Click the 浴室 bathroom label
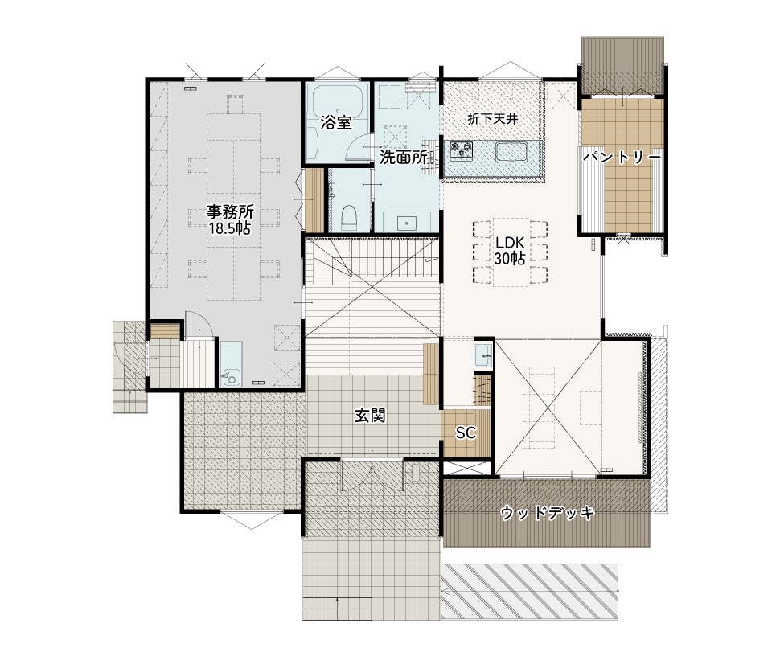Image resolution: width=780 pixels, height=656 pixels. [336, 122]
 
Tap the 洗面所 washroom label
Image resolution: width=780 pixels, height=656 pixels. [404, 157]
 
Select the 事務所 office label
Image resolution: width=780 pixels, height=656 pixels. [230, 212]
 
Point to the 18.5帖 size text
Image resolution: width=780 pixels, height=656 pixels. [229, 229]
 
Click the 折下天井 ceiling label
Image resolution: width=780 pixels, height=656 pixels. [493, 119]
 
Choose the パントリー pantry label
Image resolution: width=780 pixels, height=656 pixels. [622, 158]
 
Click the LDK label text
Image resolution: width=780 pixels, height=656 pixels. [510, 243]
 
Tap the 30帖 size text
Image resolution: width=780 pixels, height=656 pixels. [510, 259]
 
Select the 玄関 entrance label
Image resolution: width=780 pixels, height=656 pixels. [370, 416]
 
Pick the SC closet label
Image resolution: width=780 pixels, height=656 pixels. [466, 433]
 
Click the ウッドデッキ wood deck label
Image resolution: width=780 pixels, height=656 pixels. [547, 513]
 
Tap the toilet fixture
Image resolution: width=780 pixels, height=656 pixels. [349, 217]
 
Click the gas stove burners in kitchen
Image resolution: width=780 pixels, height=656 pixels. [461, 150]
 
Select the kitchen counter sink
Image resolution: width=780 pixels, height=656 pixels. [511, 152]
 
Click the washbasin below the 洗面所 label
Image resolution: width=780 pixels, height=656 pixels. [407, 222]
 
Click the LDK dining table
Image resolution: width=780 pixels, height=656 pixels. [511, 252]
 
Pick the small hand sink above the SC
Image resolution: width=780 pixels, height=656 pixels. [482, 355]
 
